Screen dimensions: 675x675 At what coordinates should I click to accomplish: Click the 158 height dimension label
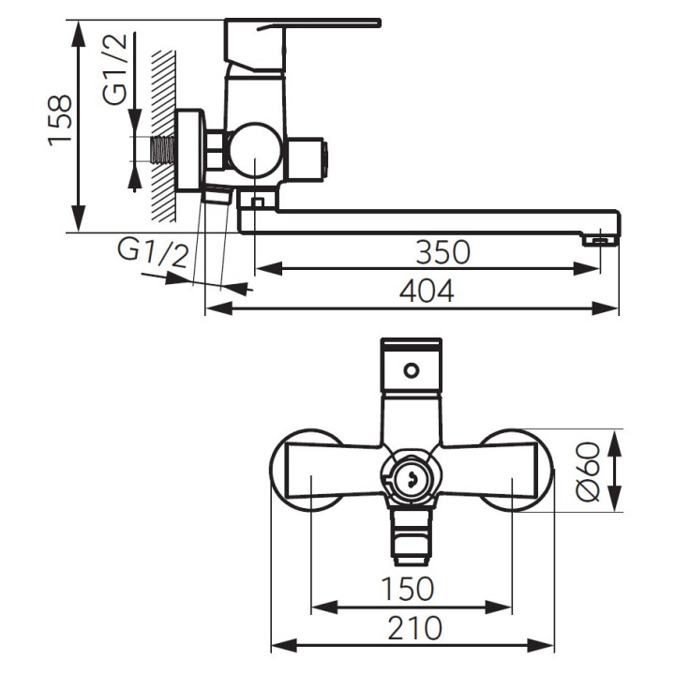59,121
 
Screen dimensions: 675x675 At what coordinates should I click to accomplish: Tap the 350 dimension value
442,252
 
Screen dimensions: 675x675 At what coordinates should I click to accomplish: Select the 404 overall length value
427,291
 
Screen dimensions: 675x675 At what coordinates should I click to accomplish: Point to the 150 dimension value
408,589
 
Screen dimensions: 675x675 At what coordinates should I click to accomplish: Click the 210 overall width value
415,628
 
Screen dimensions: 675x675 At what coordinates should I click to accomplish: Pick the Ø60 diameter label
588,472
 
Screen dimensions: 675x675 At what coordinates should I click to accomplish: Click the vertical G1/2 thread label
115,68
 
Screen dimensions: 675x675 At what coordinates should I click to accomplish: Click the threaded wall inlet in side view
163,150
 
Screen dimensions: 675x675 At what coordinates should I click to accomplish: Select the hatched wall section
163,137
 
